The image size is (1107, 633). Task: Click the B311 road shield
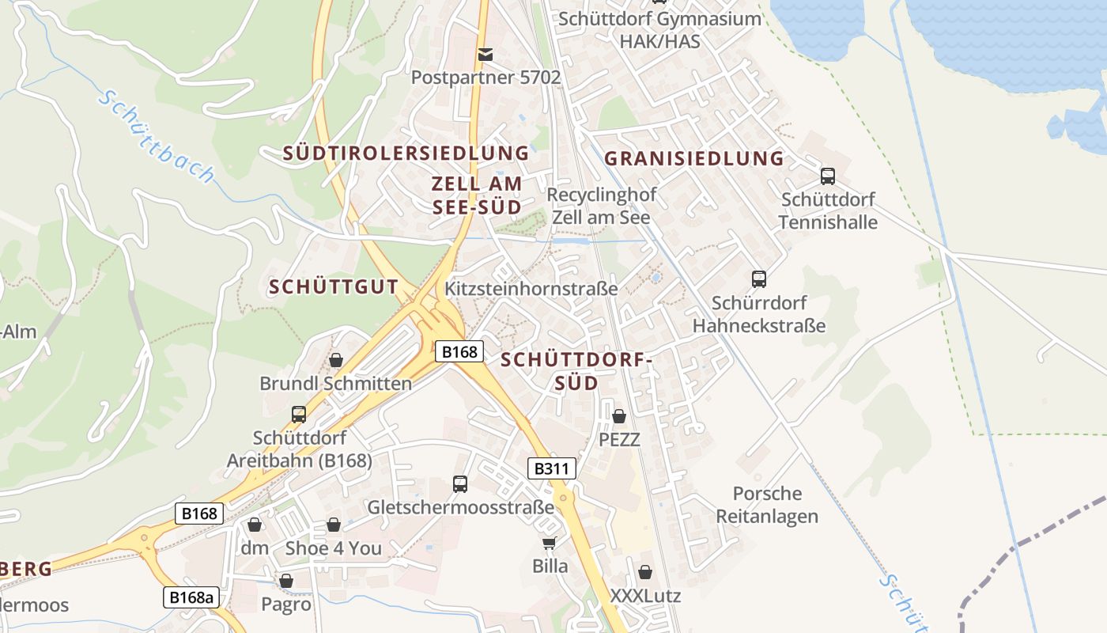(551, 468)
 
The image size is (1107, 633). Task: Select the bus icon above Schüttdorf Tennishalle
(828, 176)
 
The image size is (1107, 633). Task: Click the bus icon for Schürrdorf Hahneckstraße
(759, 279)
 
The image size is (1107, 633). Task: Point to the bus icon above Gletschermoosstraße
(460, 483)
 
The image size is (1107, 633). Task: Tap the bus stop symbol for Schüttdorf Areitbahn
(299, 414)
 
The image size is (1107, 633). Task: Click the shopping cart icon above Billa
(550, 543)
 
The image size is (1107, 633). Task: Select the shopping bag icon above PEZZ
(619, 415)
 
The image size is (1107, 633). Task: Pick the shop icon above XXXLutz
(645, 571)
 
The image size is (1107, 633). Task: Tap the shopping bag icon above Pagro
(286, 581)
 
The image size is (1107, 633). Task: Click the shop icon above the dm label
(255, 524)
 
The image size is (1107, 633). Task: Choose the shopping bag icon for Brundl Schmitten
(336, 360)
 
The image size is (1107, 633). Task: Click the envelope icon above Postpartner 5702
(485, 54)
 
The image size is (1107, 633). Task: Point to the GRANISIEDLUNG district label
(693, 158)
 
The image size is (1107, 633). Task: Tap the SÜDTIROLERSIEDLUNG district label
(406, 153)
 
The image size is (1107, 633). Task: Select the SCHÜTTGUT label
(333, 286)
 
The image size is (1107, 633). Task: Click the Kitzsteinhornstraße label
(531, 289)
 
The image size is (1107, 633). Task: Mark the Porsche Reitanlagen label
(767, 505)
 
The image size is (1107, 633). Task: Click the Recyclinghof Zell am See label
(601, 206)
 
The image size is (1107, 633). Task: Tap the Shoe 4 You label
(333, 548)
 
